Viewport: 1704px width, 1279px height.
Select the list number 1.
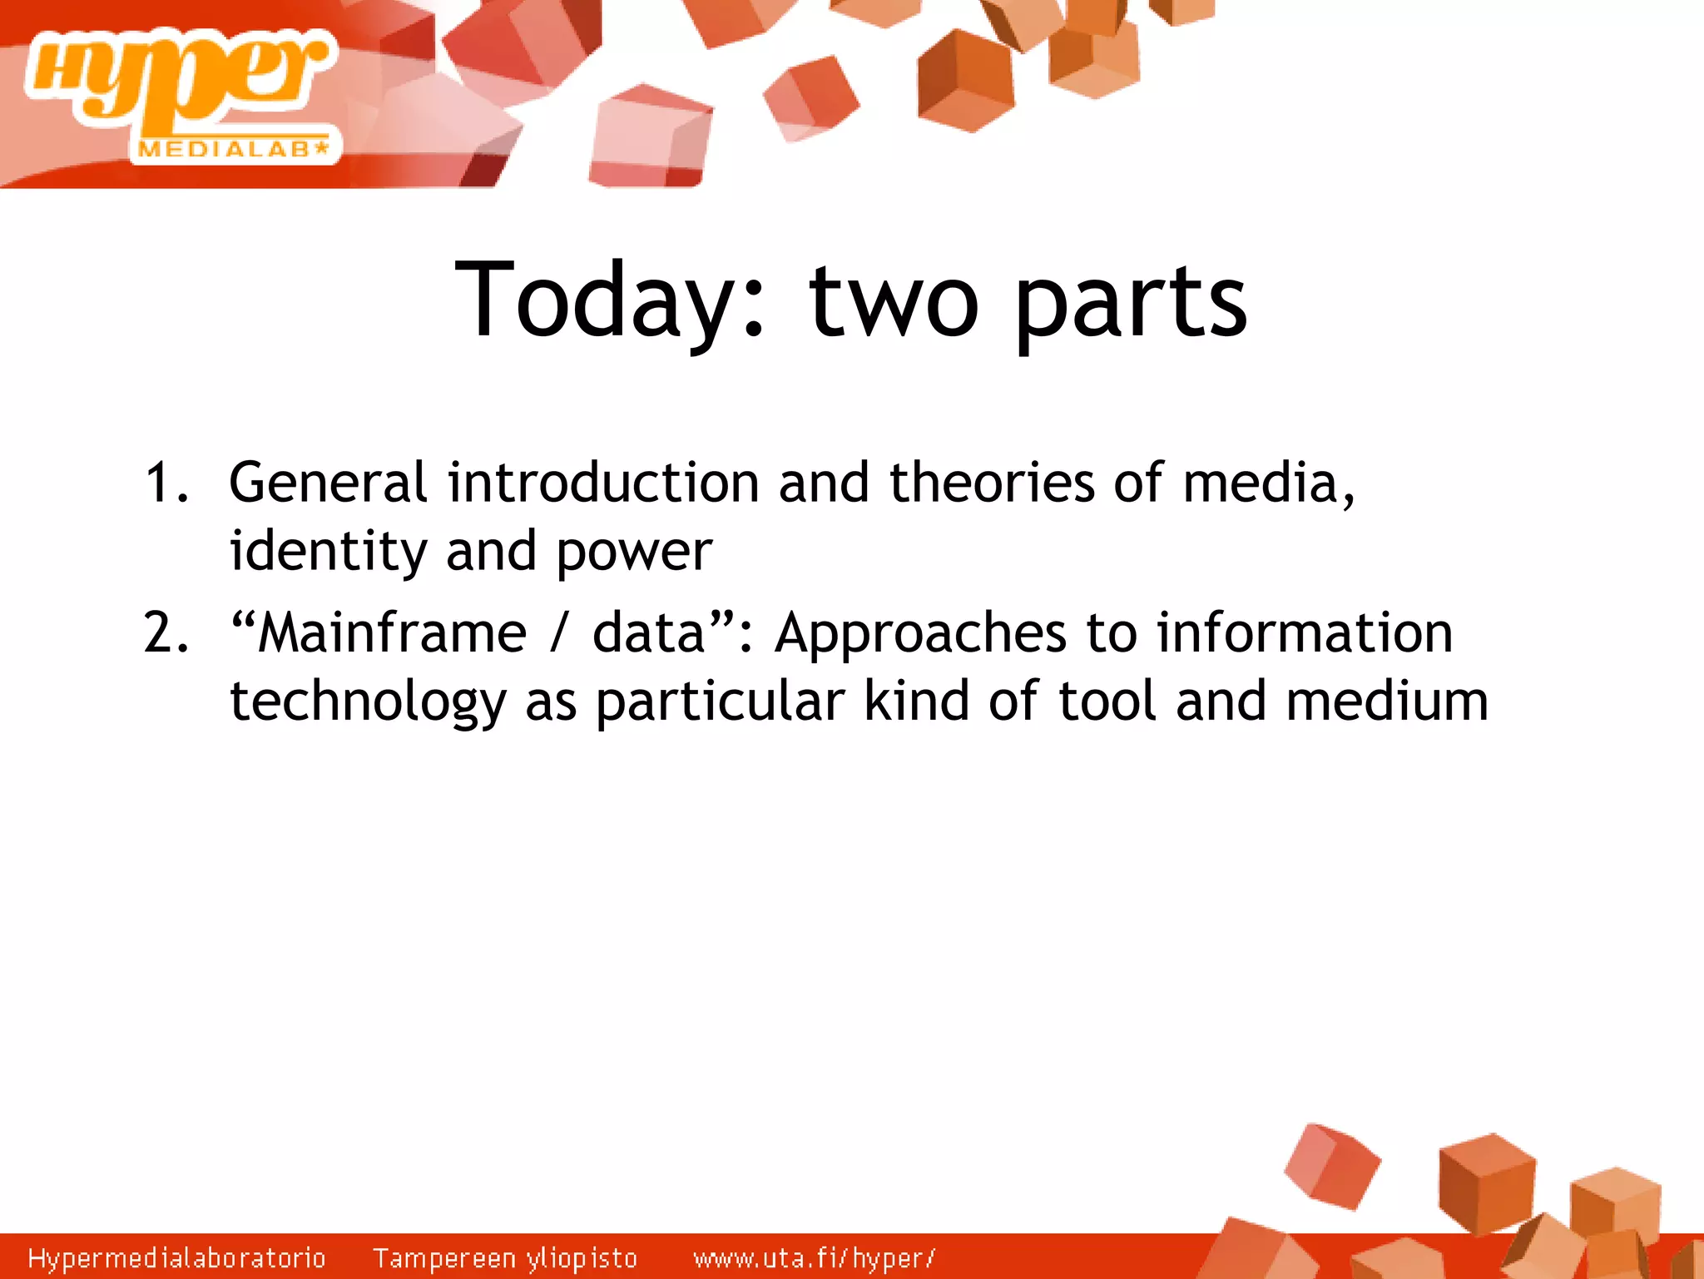[x=165, y=483]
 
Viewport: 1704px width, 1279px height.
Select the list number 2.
[x=165, y=632]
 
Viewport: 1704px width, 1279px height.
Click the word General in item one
[x=328, y=483]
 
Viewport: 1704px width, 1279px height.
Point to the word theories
[x=992, y=483]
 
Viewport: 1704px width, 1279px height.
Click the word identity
[x=328, y=552]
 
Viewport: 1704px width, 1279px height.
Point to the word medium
[x=1386, y=701]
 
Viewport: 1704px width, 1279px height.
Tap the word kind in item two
[x=916, y=701]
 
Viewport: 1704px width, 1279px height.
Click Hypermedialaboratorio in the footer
[x=176, y=1258]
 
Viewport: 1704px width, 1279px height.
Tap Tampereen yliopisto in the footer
[x=504, y=1258]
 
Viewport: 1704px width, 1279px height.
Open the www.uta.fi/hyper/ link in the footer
[x=814, y=1258]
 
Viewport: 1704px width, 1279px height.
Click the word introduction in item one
[x=602, y=483]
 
